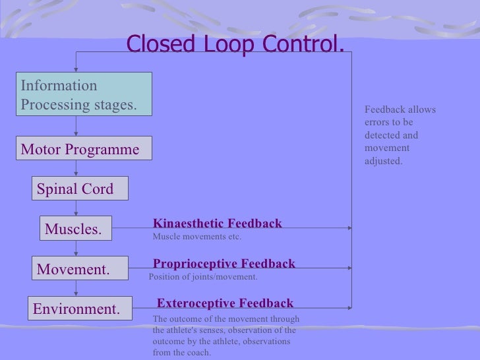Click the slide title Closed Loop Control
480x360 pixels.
coord(235,44)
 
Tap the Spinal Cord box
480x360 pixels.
coord(78,189)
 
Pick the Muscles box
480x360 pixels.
coord(75,229)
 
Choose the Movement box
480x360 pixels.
coord(78,269)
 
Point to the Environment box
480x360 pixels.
coord(78,309)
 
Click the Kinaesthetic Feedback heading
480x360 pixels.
coord(217,224)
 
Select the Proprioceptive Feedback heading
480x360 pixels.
coord(224,264)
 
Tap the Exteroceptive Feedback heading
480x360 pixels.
coord(225,303)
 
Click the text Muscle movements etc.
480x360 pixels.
coord(196,237)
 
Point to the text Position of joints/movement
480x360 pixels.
coord(203,277)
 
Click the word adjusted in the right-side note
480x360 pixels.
coord(382,160)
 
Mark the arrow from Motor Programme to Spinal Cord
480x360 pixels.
coord(76,168)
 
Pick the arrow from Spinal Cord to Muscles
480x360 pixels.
coord(76,208)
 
